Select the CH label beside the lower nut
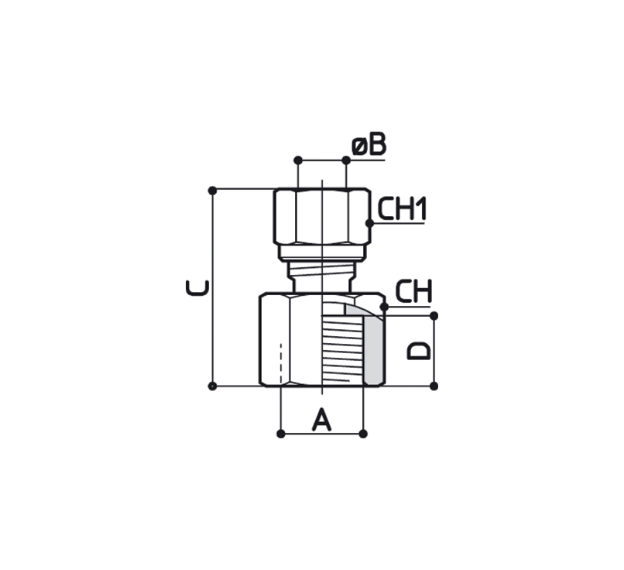(x=413, y=291)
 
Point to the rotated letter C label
(x=197, y=288)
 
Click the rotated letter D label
(x=419, y=351)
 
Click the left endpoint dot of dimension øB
(x=298, y=160)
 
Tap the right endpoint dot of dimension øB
(x=346, y=160)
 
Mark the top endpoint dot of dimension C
(x=212, y=191)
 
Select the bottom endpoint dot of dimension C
(x=212, y=386)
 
